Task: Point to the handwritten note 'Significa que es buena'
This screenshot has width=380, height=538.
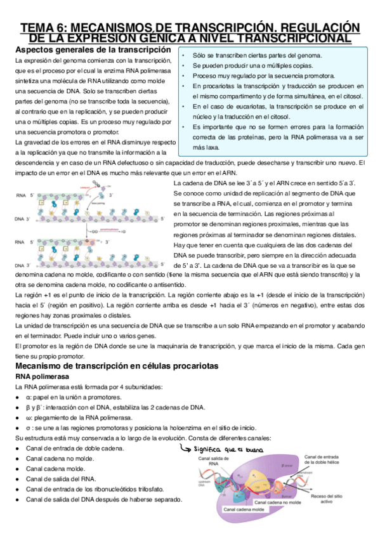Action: pos(227,450)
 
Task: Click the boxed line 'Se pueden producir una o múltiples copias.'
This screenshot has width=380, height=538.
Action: pos(253,65)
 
